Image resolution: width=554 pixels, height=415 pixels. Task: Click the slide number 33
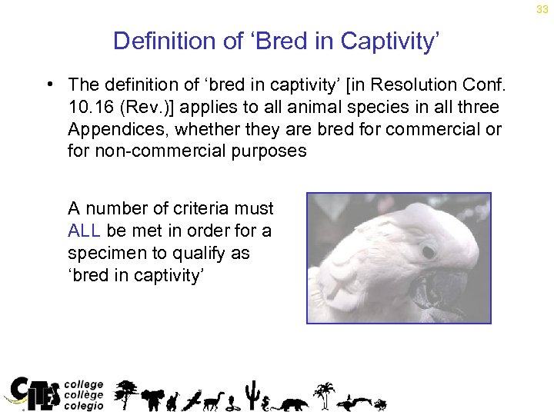point(542,8)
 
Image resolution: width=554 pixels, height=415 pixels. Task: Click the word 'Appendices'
point(115,128)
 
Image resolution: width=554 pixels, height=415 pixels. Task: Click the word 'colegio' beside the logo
point(84,405)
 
